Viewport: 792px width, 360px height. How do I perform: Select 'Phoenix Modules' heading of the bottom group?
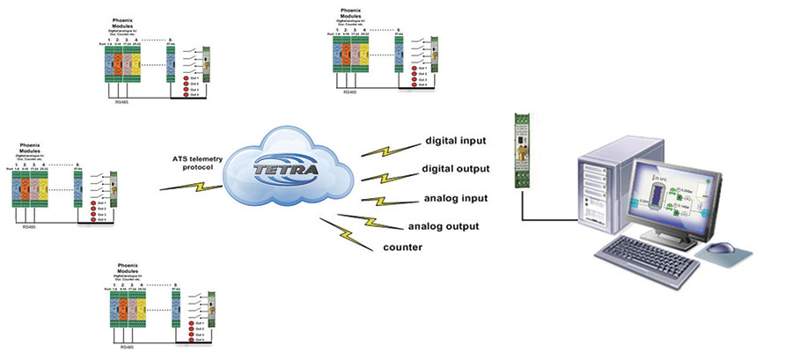tap(128, 267)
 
